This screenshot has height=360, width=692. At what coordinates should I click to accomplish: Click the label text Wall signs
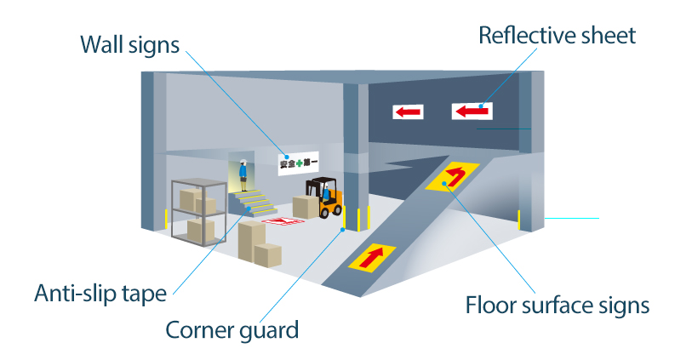click(129, 45)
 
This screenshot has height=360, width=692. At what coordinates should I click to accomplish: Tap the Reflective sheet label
click(557, 35)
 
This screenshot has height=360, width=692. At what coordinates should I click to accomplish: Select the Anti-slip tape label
click(100, 293)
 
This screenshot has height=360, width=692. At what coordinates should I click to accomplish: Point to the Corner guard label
click(232, 329)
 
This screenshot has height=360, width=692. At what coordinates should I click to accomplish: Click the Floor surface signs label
click(558, 306)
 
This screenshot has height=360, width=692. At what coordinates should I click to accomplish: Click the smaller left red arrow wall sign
click(408, 112)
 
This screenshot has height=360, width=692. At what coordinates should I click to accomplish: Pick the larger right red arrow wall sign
click(472, 111)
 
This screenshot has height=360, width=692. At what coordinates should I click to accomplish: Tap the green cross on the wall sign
click(300, 163)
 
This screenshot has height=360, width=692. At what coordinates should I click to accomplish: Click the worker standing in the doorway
click(243, 174)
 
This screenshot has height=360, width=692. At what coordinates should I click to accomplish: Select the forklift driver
click(326, 193)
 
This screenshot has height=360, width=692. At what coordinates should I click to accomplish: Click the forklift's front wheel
click(324, 213)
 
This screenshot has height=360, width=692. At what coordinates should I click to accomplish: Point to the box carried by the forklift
click(306, 207)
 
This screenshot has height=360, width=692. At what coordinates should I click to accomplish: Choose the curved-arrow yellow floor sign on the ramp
click(452, 176)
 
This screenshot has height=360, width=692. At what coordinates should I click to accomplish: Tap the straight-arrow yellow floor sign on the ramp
click(373, 258)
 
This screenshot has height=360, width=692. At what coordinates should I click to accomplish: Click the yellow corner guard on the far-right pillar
click(519, 220)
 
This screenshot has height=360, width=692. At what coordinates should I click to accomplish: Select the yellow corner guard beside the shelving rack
click(166, 219)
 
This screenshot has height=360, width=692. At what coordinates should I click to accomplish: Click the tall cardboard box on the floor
click(252, 241)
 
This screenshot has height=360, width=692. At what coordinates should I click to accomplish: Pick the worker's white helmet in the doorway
click(243, 161)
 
